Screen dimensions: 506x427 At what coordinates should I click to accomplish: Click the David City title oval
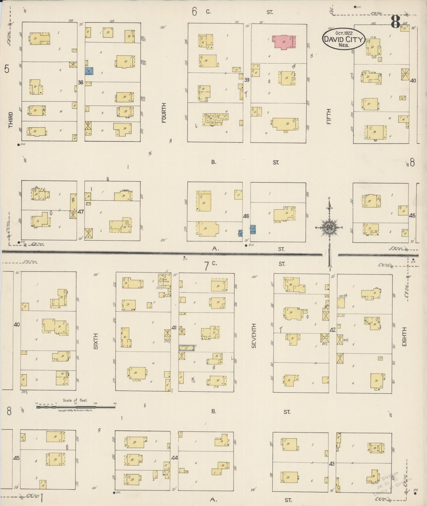[x=344, y=39]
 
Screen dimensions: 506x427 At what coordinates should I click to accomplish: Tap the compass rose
[x=329, y=227]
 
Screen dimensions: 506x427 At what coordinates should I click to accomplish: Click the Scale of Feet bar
[x=76, y=407]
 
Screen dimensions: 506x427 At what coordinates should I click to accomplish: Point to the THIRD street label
[x=11, y=120]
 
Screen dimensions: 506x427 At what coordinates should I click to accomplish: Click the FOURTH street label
[x=164, y=113]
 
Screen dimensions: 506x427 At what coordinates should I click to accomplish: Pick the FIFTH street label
[x=329, y=116]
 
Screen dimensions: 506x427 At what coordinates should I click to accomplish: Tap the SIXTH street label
[x=95, y=341]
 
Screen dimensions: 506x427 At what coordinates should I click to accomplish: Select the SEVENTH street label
[x=254, y=336]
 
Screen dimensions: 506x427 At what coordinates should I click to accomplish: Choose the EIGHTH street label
[x=404, y=337]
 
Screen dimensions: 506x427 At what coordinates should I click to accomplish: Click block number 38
[x=81, y=83]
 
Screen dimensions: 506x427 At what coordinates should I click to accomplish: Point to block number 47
[x=81, y=212]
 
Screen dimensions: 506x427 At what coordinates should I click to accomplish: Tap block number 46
[x=246, y=216]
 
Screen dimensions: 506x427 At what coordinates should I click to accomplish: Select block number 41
[x=174, y=327]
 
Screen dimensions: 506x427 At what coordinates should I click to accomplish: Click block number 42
[x=333, y=330]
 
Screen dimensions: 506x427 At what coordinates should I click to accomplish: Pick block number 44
[x=174, y=458]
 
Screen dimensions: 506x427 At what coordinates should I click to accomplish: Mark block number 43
[x=332, y=464]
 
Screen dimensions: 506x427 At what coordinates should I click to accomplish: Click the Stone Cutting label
[x=163, y=280]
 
